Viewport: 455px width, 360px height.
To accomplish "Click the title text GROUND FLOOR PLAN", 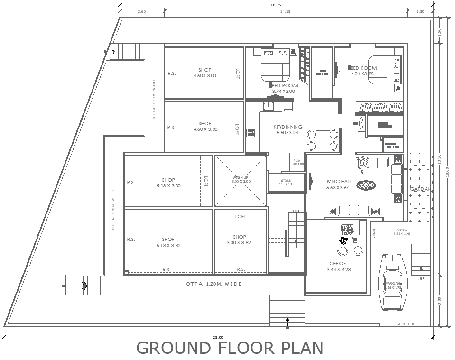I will pos(230,348).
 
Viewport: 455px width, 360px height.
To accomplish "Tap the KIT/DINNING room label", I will pos(288,130).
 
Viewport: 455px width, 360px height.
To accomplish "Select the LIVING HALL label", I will pos(338,185).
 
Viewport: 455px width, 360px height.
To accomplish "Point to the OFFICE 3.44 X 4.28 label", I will pos(337,267).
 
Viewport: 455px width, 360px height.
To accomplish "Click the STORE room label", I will pos(286,182).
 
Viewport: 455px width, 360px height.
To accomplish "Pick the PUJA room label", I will pos(297,162).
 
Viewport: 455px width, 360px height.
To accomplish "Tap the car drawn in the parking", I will pos(393,281).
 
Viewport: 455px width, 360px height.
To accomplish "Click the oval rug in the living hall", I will pos(366,185).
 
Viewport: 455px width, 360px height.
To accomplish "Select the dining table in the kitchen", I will pos(323,139).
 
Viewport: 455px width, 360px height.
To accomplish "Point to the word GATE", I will pos(406,324).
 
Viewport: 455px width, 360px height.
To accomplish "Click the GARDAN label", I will pos(420,189).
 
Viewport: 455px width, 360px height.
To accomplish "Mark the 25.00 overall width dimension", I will pos(218,337).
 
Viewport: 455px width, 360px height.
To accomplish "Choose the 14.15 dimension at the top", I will pos(285,11).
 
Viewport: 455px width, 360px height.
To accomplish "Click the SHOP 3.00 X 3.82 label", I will pos(240,240).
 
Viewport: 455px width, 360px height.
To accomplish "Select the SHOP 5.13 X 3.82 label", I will pos(168,242).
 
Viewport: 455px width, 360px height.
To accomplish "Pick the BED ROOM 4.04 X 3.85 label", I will pos(363,71).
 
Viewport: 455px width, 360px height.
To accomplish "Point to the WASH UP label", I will pos(241,179).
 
